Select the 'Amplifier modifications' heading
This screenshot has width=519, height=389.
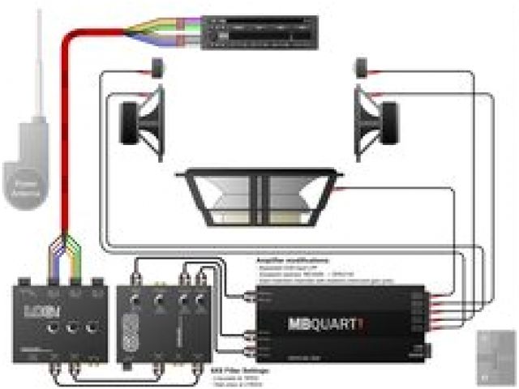coord(283,261)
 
